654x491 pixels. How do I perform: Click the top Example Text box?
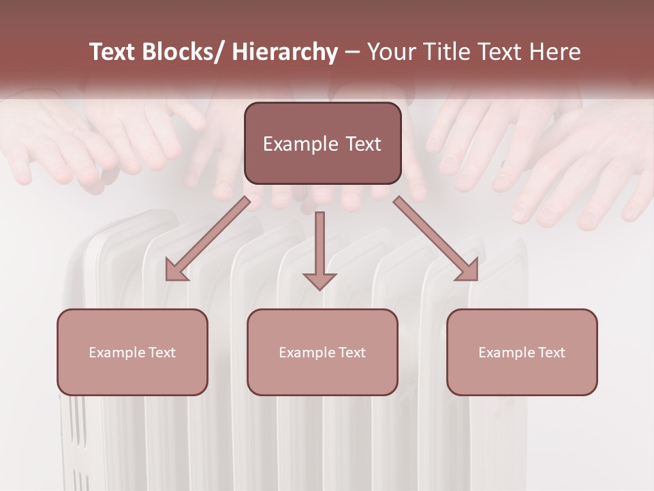(x=322, y=143)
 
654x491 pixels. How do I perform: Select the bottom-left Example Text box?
(x=132, y=352)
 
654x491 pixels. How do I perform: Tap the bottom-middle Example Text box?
(x=322, y=352)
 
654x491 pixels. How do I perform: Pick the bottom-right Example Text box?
(x=522, y=352)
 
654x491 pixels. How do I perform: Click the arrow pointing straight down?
(x=320, y=250)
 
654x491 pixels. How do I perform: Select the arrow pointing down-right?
(x=436, y=239)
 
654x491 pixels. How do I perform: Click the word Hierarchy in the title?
(x=285, y=52)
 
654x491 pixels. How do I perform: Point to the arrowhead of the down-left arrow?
(x=175, y=271)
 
